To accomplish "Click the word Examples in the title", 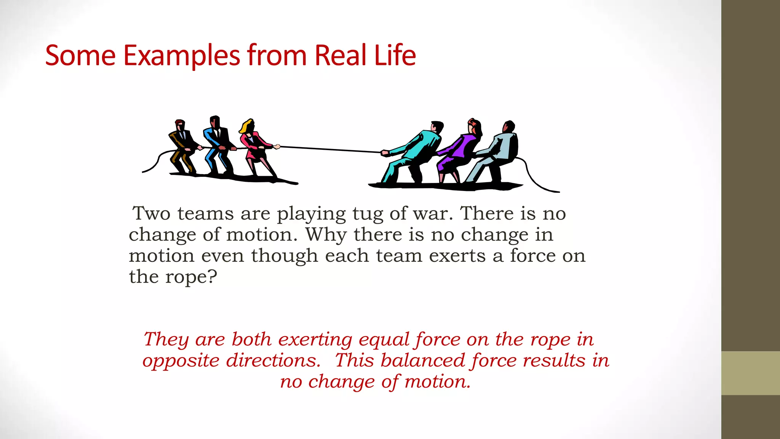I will [x=182, y=56].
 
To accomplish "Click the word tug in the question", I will [x=368, y=214].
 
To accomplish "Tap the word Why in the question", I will [x=326, y=235].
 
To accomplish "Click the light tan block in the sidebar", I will [x=750, y=373].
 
